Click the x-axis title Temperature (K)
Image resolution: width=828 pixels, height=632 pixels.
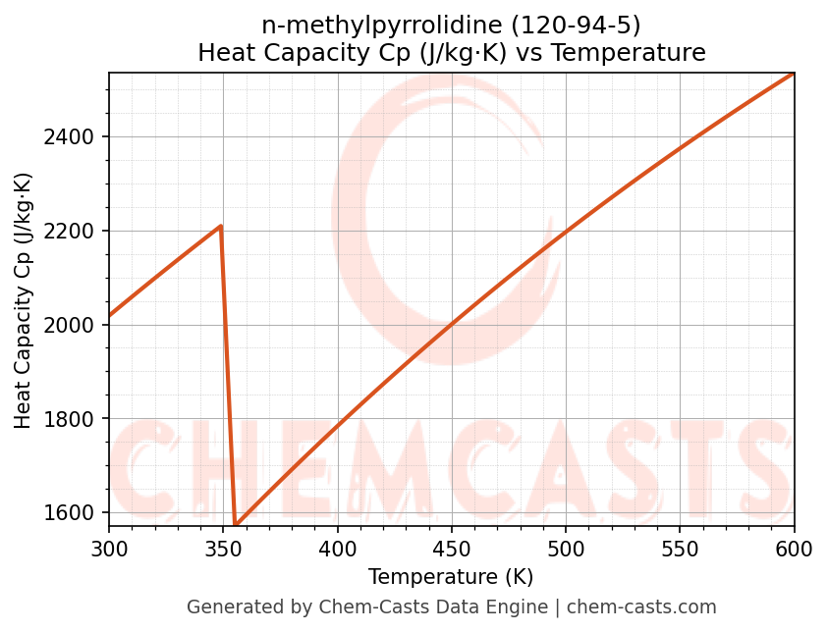point(451,577)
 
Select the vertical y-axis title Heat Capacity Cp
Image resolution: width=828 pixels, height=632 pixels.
point(24,299)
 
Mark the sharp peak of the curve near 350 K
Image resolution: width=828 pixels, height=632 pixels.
point(221,226)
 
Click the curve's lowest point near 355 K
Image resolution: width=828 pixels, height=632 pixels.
point(236,524)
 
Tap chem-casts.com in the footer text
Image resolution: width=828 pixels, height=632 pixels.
point(641,607)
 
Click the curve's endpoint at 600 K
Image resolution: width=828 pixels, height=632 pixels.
point(793,74)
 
